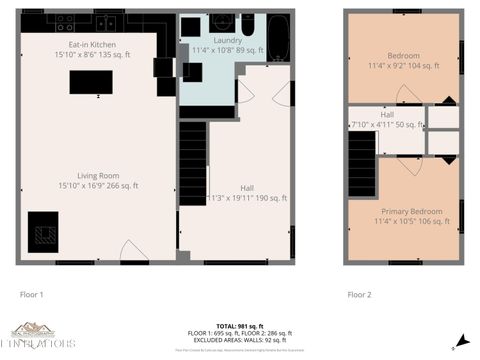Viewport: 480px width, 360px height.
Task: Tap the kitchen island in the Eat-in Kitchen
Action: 90,83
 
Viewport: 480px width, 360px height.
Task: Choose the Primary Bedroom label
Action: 411,211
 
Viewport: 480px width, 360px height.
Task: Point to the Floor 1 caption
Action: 33,295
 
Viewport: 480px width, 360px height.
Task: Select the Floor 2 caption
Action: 359,295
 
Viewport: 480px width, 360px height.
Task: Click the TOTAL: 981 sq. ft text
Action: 240,326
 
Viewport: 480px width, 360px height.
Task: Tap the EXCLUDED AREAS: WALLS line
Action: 240,338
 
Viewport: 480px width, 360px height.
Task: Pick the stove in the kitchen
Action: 66,21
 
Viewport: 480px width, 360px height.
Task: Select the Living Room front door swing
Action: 133,251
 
